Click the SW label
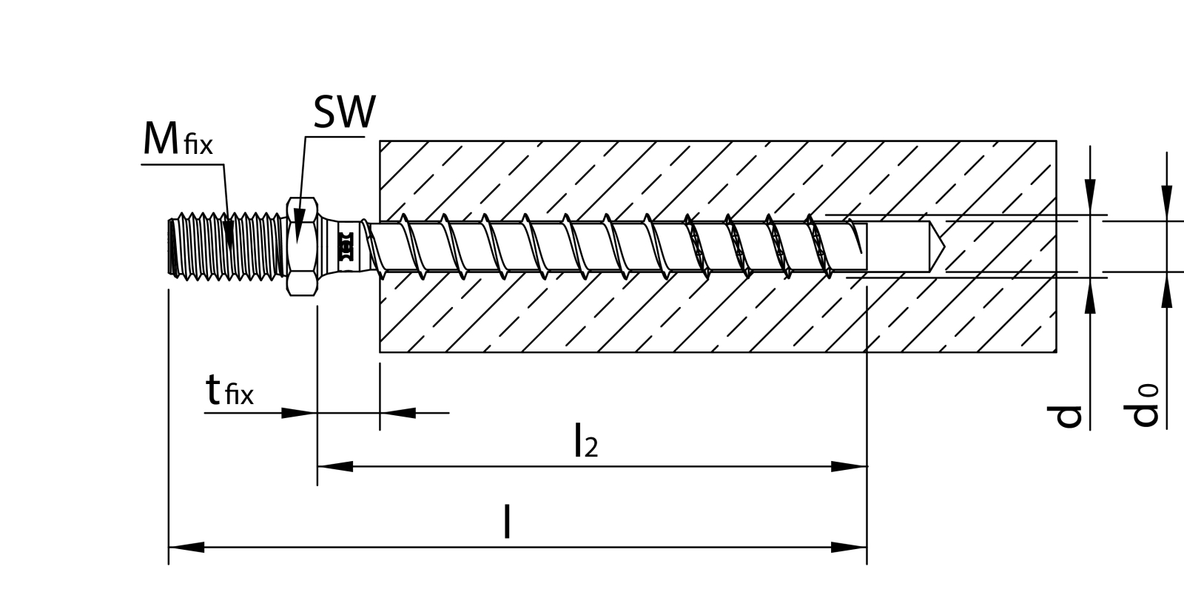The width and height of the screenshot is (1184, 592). [x=344, y=112]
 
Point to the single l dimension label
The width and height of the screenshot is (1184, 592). [x=507, y=522]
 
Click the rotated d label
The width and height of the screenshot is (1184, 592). [x=1068, y=417]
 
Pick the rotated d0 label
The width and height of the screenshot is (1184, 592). [x=1145, y=406]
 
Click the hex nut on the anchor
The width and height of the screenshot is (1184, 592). [x=302, y=247]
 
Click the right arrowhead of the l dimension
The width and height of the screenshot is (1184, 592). [x=850, y=548]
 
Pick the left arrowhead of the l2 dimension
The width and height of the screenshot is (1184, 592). [x=334, y=466]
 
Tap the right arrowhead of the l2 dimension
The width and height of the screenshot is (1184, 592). [x=850, y=466]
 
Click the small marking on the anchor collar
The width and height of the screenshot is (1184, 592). [x=345, y=247]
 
